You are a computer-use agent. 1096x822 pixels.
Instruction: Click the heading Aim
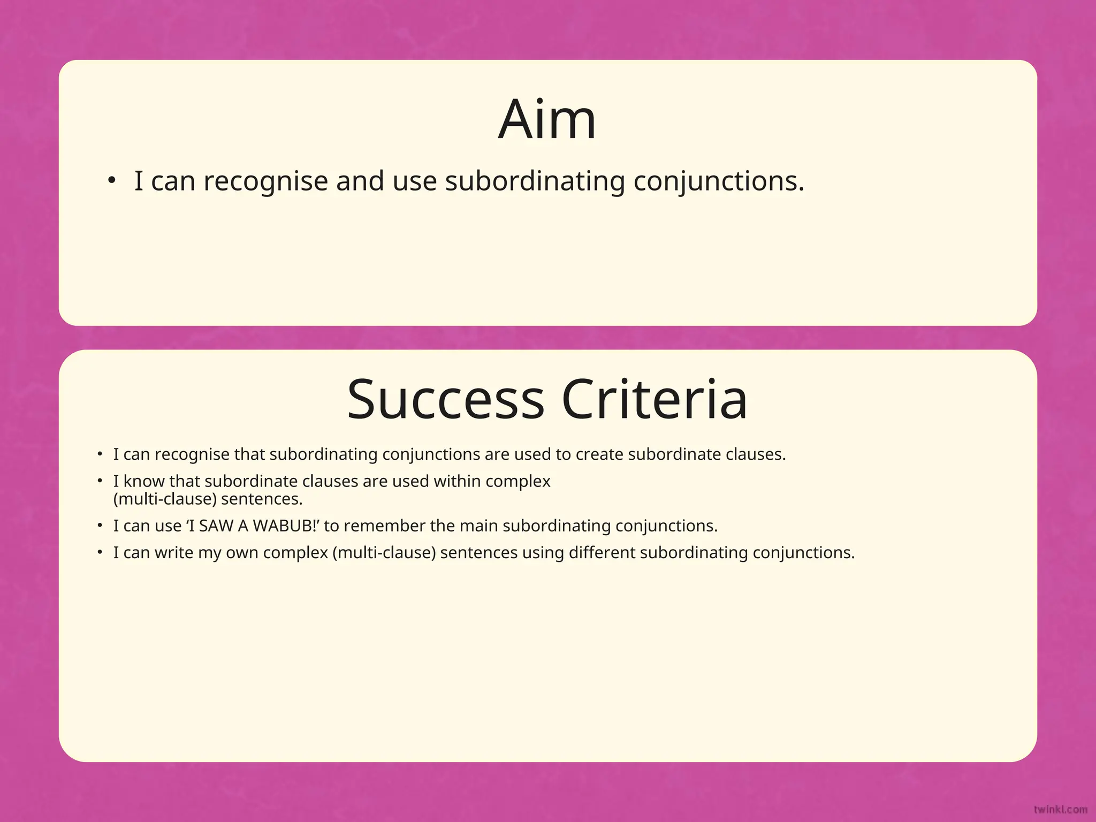(x=547, y=120)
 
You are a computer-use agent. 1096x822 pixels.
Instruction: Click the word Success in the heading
(x=445, y=400)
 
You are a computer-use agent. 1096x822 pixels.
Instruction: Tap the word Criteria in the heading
(x=654, y=400)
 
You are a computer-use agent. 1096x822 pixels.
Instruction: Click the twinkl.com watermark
(x=1060, y=810)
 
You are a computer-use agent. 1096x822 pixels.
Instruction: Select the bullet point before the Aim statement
(x=111, y=181)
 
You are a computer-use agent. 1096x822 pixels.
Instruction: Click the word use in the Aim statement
(x=415, y=181)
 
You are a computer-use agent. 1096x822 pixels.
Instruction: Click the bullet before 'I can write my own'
(x=100, y=552)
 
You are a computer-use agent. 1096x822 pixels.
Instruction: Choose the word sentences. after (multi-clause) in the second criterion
(x=262, y=499)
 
